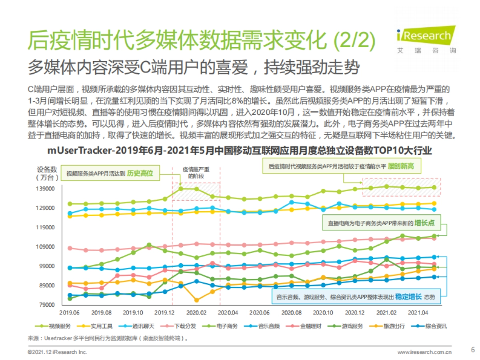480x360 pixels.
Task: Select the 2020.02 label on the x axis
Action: click(x=196, y=312)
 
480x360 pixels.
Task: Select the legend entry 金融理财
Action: click(x=310, y=326)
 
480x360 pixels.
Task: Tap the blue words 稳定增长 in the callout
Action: click(x=408, y=297)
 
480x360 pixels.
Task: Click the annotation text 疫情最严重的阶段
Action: click(x=196, y=172)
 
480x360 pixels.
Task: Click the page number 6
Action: click(x=473, y=349)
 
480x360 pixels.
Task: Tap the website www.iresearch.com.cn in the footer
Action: click(x=424, y=352)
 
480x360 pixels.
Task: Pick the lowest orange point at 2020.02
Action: click(x=196, y=300)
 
